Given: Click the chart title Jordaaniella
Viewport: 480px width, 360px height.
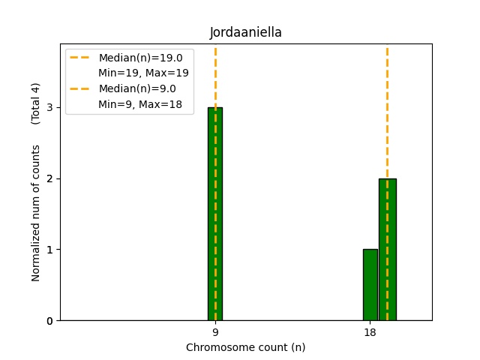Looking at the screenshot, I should point(245,32).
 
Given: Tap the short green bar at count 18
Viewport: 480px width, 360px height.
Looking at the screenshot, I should point(370,285).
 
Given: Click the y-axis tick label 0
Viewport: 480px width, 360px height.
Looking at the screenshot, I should point(49,321).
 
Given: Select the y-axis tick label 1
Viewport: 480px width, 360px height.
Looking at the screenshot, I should point(49,250).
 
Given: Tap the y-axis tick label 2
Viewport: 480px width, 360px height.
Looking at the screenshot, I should point(49,178).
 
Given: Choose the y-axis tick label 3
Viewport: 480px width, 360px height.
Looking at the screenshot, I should point(49,107).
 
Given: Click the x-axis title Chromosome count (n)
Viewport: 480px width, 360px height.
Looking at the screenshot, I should point(245,347).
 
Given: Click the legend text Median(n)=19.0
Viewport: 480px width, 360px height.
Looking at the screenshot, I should point(136,58).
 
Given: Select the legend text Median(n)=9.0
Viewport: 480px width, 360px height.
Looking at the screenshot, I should point(133,88).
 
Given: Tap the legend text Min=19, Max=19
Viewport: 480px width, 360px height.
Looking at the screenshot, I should point(143,73).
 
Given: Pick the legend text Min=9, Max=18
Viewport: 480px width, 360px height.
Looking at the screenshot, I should point(140,104).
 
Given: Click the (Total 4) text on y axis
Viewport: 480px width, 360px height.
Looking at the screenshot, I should point(36,103).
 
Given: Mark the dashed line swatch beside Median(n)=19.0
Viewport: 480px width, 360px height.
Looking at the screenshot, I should point(80,58).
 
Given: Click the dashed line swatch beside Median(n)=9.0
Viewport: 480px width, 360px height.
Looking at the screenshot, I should point(80,88).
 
